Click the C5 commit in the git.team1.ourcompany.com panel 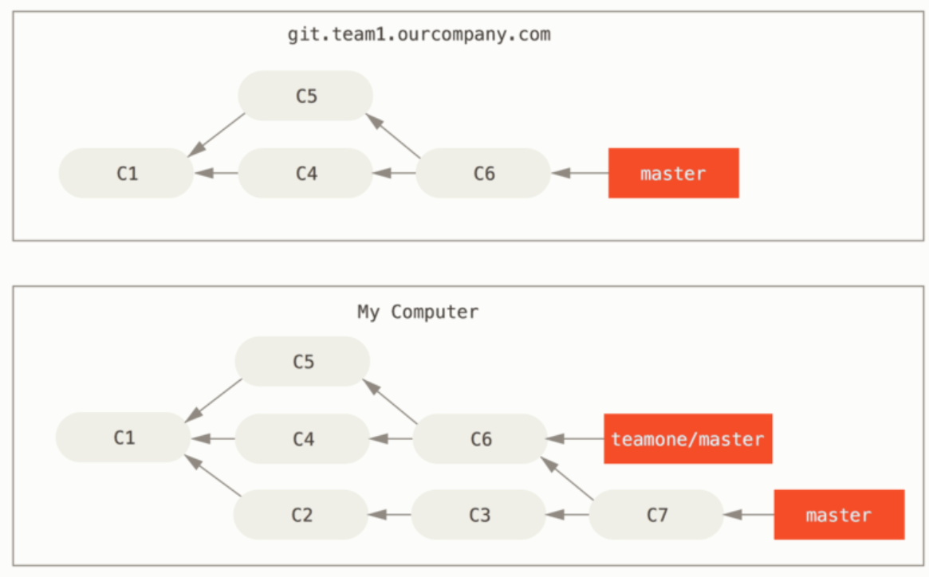point(305,96)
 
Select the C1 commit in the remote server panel point(126,173)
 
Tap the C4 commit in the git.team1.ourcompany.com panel point(305,173)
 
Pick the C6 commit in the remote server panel point(483,173)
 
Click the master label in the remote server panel point(673,173)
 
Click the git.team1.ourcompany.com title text point(419,35)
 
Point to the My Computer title point(418,312)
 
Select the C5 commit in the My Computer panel point(302,362)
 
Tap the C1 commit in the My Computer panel point(123,438)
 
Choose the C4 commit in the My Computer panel point(302,438)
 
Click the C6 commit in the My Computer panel point(480,438)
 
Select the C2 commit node point(301,515)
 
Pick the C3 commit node point(478,515)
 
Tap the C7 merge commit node point(656,515)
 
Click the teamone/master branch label point(687,438)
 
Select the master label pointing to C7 point(839,515)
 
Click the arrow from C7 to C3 point(567,515)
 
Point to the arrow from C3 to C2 point(389,515)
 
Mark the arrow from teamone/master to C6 point(575,438)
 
